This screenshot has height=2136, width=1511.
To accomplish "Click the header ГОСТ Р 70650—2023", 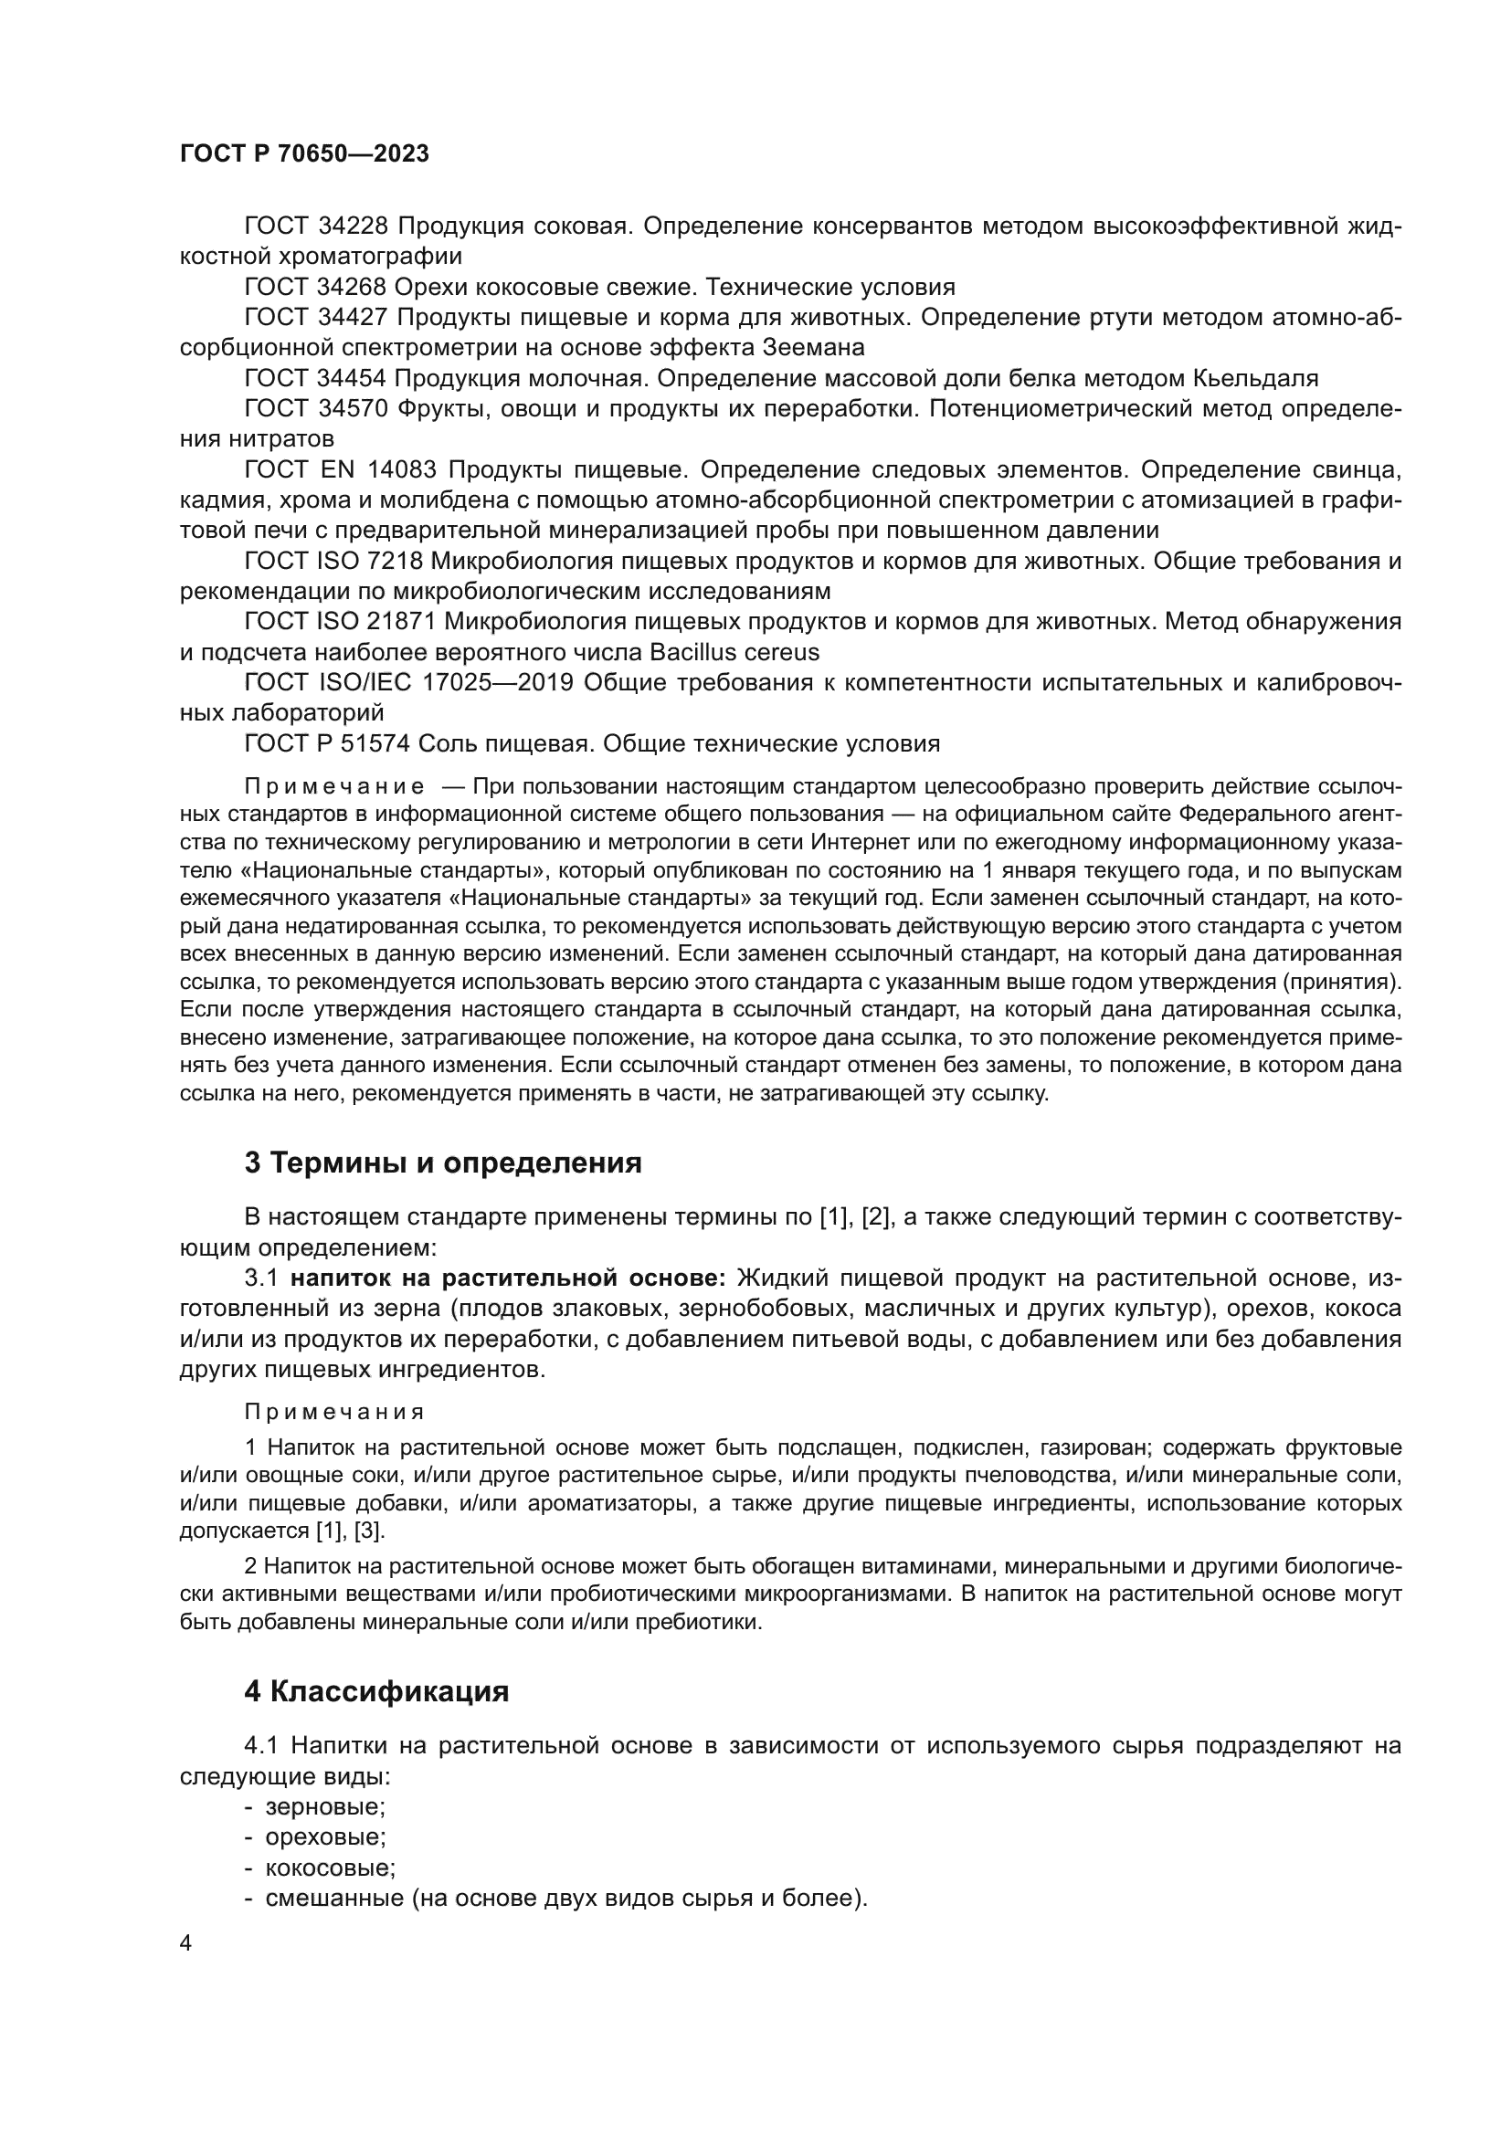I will pos(304,154).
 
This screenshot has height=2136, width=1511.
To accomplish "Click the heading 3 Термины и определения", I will pos(443,1163).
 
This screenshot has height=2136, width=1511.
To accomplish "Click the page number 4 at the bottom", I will pos(185,1943).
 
